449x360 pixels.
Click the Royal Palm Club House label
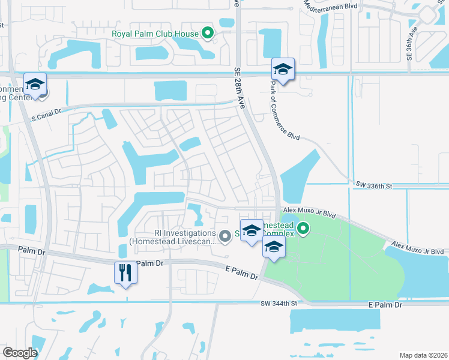155,33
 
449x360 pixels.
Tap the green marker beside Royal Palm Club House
208,33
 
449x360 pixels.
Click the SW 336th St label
373,186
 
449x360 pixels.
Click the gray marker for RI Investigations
225,237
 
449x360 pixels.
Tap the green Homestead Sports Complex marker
304,229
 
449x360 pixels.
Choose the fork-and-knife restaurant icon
125,273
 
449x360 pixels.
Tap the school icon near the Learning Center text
35,84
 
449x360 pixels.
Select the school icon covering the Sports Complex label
252,230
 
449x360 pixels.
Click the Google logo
20,353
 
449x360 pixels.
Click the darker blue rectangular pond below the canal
170,91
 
